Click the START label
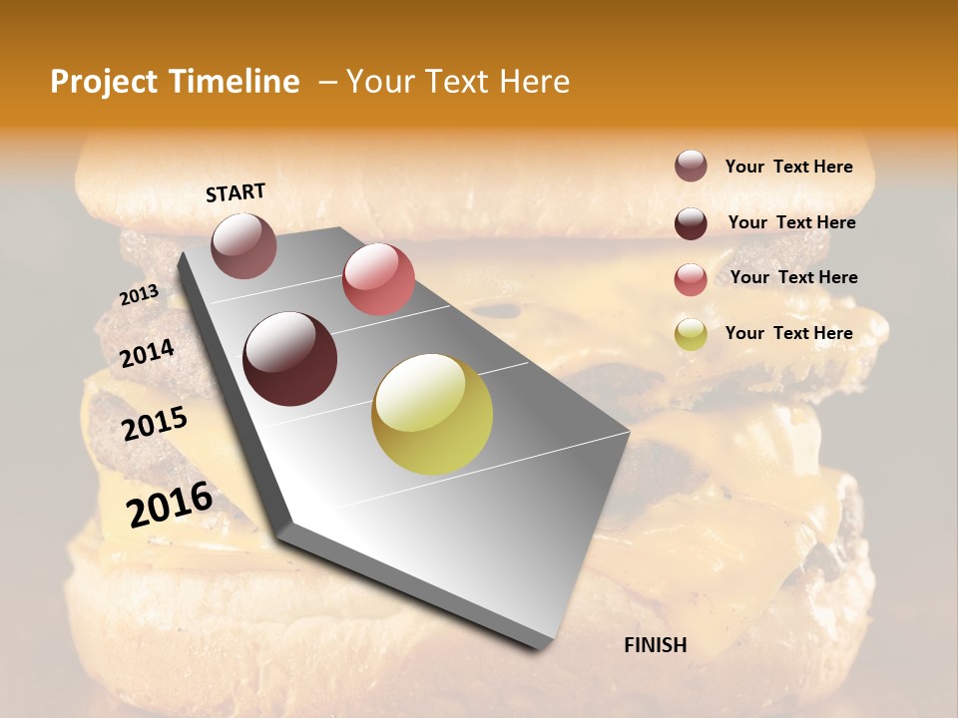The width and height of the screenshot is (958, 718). pos(236,192)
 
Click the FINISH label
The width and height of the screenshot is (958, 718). pos(655,645)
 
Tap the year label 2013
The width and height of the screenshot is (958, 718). pos(139,295)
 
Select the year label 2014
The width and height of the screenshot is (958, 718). pos(147,354)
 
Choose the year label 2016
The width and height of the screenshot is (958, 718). pos(170,505)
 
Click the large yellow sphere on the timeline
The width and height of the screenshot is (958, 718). pos(432,414)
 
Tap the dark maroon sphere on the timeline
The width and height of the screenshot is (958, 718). pos(290,359)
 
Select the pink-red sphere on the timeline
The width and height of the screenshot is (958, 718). pos(378,279)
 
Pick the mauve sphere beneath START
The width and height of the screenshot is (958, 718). pos(244,245)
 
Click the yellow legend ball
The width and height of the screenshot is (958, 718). pos(691,334)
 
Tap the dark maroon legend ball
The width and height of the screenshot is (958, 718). pos(691,223)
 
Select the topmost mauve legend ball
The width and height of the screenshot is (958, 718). pos(691,166)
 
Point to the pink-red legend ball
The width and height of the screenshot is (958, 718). pos(691,279)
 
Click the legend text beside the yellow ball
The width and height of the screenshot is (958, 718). pos(788,333)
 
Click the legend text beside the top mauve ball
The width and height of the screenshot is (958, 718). pos(788,167)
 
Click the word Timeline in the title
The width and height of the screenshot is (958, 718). pos(235,82)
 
